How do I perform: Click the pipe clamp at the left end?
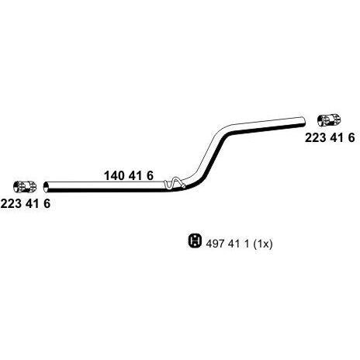(25, 187)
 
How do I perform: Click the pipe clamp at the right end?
(329, 119)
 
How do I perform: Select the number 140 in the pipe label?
(114, 176)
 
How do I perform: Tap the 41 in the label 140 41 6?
(135, 176)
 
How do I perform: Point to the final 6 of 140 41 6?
(150, 176)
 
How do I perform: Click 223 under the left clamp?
(11, 204)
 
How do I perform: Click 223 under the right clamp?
(316, 137)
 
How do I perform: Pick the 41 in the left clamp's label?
(33, 204)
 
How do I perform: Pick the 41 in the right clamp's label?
(337, 137)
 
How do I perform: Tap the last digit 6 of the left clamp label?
(47, 204)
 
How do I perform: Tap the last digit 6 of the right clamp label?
(351, 137)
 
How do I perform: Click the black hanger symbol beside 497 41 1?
(195, 241)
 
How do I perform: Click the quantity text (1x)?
(263, 244)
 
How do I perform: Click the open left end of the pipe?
(46, 187)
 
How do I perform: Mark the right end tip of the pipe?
(304, 122)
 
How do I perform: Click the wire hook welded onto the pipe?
(175, 183)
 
